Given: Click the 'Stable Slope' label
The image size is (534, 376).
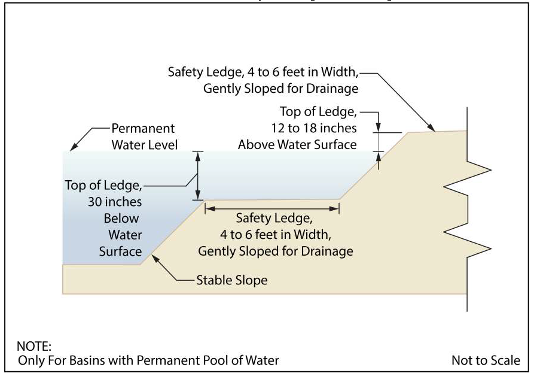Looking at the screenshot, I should click(231, 280).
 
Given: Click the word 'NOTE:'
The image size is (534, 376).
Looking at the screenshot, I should click(35, 347).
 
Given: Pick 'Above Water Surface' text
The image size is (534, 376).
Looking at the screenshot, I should click(297, 144).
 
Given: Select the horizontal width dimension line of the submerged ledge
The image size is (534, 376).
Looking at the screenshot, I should click(272, 208).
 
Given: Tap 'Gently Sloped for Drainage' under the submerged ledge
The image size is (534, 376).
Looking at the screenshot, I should click(275, 250).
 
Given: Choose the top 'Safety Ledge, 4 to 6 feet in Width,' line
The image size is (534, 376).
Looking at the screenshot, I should click(264, 72).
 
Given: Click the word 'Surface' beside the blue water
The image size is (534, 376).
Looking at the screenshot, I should click(121, 251).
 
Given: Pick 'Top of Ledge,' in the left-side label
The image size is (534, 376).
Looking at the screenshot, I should click(103, 186).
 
